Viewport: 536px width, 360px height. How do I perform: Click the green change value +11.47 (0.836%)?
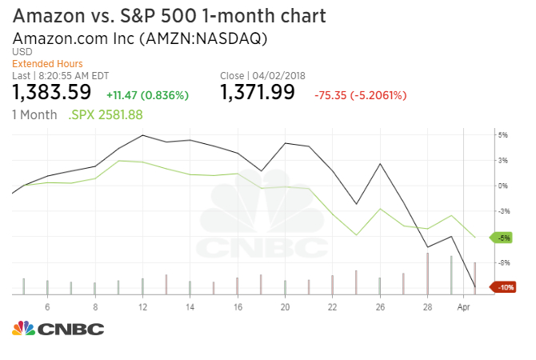(147, 95)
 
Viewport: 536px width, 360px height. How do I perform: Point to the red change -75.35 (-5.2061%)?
(361, 95)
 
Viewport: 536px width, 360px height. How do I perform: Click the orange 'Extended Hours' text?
(47, 64)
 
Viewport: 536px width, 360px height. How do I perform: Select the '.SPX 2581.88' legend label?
(106, 115)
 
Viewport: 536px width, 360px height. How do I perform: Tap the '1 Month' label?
(34, 115)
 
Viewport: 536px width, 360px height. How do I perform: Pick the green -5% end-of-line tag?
(503, 238)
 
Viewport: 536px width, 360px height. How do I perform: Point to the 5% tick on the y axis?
(503, 135)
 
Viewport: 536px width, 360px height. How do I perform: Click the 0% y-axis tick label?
(503, 186)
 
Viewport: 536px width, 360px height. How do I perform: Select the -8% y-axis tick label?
(503, 262)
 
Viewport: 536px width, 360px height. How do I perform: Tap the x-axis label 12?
(142, 307)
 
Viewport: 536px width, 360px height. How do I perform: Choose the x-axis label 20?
(285, 307)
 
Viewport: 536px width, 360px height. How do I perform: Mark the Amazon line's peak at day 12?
(142, 135)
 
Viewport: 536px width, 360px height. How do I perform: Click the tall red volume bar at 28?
(427, 274)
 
